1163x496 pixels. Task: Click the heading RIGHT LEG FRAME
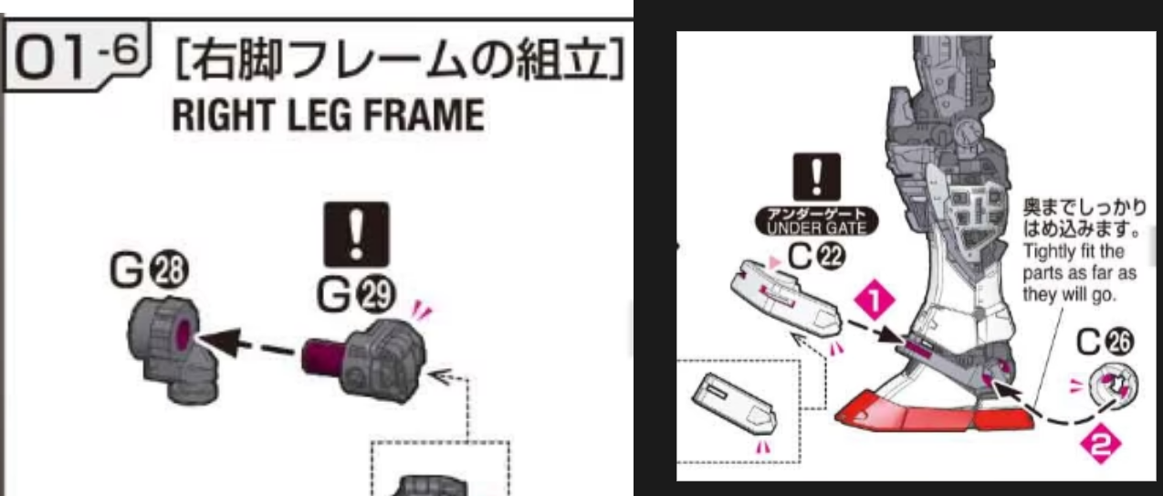[x=327, y=117]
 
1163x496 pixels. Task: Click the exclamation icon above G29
[x=358, y=231]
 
